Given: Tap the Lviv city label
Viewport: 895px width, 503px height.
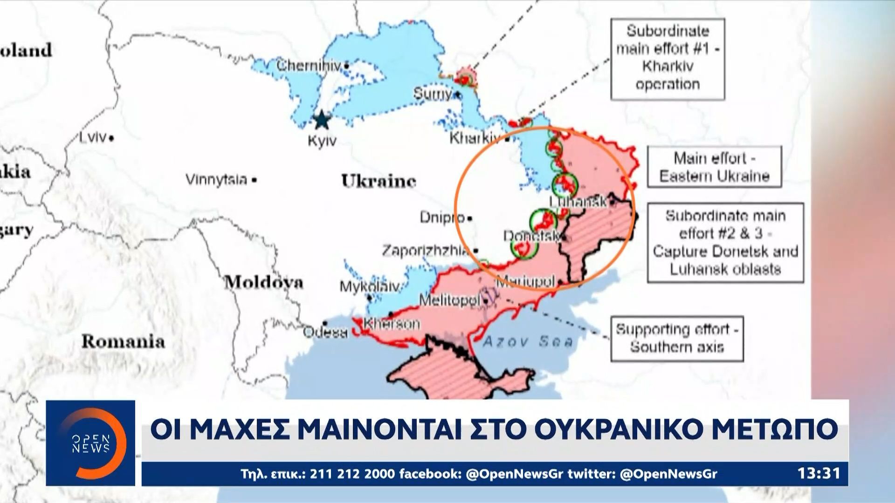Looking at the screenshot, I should tap(93, 138).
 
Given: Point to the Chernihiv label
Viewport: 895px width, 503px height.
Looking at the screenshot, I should tap(309, 66).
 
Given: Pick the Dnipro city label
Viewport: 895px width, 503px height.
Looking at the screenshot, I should tap(442, 217).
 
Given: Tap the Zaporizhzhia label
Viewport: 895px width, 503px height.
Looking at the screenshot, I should tap(425, 251).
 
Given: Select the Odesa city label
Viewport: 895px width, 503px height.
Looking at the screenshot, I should tap(325, 333).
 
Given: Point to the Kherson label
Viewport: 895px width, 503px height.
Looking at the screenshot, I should tap(392, 323).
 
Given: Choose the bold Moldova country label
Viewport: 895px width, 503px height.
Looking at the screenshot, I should tap(264, 282).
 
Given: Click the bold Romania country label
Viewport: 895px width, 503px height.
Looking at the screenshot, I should tap(123, 341).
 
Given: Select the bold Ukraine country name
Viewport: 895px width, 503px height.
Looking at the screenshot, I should tap(379, 181).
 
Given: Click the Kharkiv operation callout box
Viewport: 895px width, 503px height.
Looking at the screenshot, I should tap(668, 59).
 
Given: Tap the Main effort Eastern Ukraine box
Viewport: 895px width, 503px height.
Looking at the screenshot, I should tap(714, 167).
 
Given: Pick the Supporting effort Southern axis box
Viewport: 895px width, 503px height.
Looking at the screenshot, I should tap(677, 339).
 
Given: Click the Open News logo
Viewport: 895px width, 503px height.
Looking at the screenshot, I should tap(90, 443).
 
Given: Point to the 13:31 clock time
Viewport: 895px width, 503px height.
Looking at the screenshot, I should tap(819, 474).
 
